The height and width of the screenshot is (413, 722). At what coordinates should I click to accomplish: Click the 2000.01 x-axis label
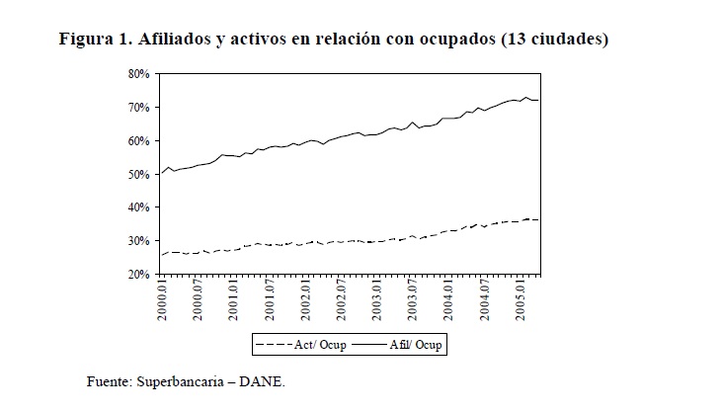tap(164, 300)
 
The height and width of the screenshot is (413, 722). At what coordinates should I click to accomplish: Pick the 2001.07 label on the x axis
tap(270, 300)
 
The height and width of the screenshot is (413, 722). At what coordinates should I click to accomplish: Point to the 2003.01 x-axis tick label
tap(376, 300)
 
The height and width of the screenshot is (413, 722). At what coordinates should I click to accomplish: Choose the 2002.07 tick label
tap(341, 300)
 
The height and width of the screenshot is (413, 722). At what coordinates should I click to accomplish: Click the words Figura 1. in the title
tap(97, 40)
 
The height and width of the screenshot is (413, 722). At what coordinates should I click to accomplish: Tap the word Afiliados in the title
tap(176, 40)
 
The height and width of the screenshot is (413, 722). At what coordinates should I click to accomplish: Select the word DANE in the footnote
tap(266, 380)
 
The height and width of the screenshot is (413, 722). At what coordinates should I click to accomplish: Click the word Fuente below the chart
tap(111, 380)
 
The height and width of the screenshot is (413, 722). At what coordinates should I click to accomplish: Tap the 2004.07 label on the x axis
tap(483, 300)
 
